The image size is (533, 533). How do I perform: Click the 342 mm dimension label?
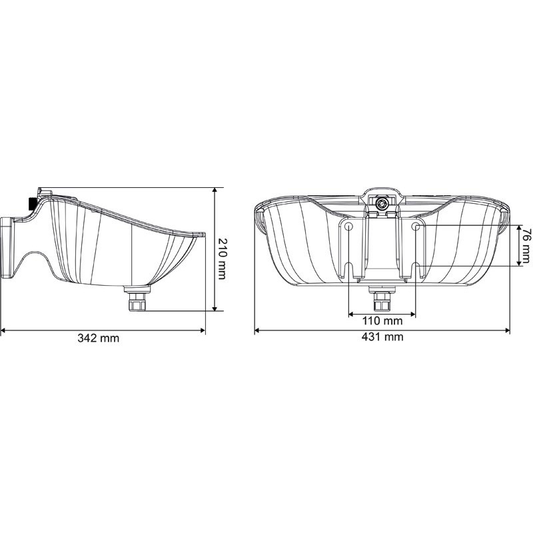coord(98,338)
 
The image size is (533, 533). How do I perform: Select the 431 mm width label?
coord(383,337)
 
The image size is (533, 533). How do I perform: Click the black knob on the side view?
coord(31,203)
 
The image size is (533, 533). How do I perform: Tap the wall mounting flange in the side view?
coord(8,247)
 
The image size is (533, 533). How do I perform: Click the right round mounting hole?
coord(416,227)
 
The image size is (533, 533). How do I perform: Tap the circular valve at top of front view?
coord(382,204)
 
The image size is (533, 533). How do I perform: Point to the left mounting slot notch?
coord(348,271)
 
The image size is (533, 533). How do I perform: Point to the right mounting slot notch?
coord(416,271)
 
